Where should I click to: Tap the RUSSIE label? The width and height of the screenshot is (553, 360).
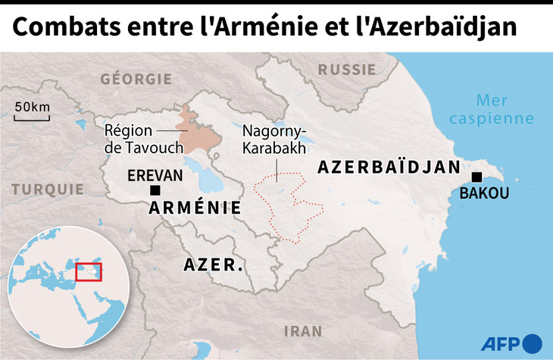point(346,69)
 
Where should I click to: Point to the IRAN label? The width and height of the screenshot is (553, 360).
point(301,330)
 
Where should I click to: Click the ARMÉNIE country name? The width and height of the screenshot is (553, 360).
point(195,208)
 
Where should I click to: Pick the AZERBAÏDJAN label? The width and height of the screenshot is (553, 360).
point(389,167)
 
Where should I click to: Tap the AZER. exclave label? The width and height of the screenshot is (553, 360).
point(214,265)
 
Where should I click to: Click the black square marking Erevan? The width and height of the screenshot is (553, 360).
point(155,190)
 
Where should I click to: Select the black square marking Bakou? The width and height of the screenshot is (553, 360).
point(476,177)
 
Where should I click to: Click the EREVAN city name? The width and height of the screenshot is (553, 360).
point(155,175)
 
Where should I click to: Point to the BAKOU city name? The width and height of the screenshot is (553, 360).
point(484,193)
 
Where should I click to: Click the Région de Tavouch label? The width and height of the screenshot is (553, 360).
point(134,139)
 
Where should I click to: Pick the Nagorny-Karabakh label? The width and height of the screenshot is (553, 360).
point(269,139)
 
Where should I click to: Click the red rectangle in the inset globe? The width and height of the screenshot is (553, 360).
point(89,271)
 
